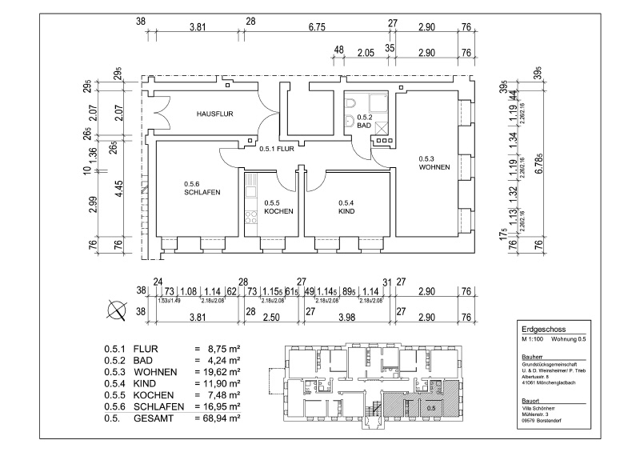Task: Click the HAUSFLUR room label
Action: [x=214, y=114]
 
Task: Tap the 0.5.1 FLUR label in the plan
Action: [x=279, y=148]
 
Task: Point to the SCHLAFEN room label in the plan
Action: [x=202, y=193]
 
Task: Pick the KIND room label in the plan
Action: [x=346, y=211]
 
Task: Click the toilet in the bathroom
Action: [x=352, y=121]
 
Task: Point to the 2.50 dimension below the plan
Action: [x=273, y=318]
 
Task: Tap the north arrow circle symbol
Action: [x=118, y=310]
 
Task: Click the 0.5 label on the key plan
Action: [x=430, y=408]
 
